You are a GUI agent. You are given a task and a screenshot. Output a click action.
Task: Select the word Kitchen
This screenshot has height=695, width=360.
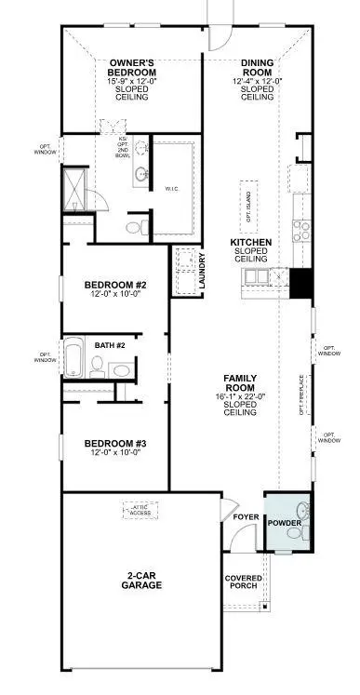coord(251,242)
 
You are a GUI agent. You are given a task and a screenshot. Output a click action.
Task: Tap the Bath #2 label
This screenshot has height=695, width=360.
coord(110,345)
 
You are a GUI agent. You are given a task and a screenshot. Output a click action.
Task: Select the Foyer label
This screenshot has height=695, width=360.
coord(246,516)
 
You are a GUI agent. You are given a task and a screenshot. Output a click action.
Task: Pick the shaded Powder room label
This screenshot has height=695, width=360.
coord(284,524)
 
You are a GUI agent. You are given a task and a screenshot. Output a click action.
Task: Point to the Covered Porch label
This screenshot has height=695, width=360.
coord(244,583)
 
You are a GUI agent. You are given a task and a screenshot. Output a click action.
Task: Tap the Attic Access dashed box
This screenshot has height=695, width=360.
coord(142,511)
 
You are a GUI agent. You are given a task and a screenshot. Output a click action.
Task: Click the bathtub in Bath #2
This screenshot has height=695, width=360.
coord(73,357)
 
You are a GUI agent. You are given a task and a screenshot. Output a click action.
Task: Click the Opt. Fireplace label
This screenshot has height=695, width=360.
coord(300,394)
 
